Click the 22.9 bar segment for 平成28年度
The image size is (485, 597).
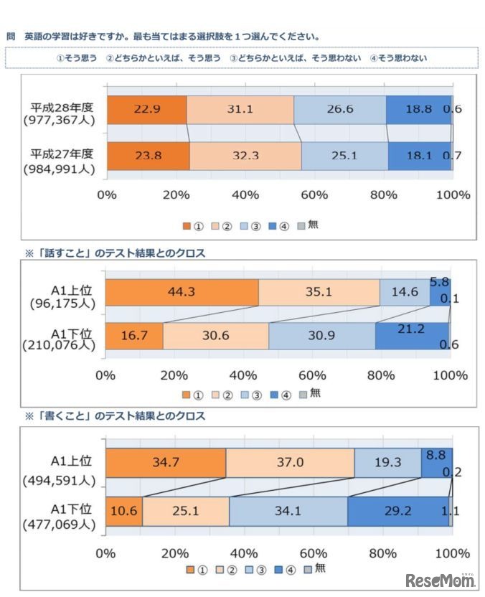pyautogui.click(x=147, y=110)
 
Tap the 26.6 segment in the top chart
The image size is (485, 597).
pyautogui.click(x=339, y=110)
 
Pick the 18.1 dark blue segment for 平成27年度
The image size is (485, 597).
pyautogui.click(x=420, y=156)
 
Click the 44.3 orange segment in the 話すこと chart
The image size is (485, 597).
pyautogui.click(x=182, y=292)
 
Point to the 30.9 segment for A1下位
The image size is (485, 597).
pyautogui.click(x=321, y=337)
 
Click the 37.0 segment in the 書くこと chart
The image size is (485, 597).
pyautogui.click(x=290, y=463)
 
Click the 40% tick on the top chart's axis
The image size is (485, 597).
pyautogui.click(x=245, y=195)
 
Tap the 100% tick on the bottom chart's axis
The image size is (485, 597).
pyautogui.click(x=452, y=553)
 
